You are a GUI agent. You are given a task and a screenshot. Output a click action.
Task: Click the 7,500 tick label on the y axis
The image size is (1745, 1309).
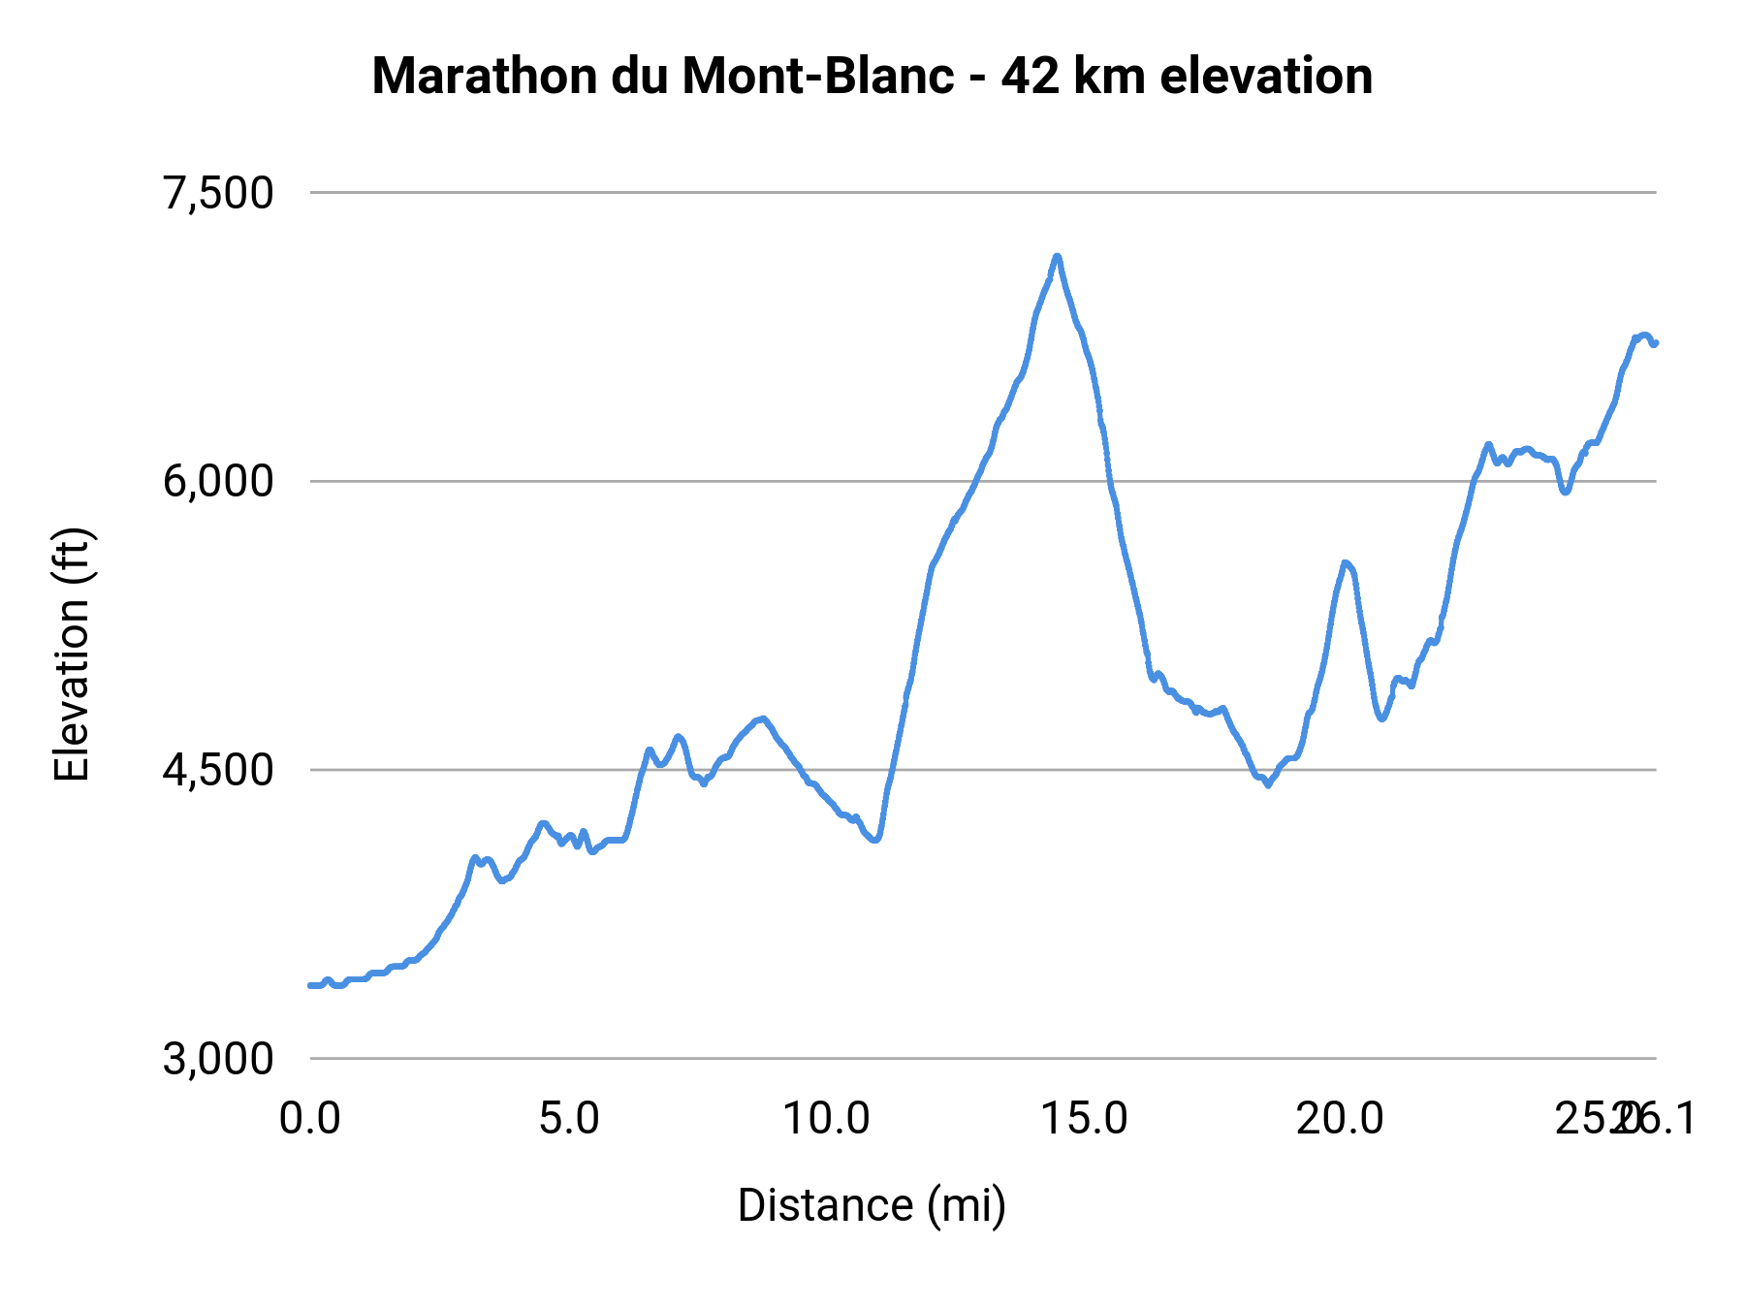[x=218, y=193]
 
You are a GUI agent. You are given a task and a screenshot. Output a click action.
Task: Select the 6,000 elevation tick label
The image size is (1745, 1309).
[x=218, y=481]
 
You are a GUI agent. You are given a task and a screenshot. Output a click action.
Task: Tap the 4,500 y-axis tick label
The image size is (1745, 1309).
[x=218, y=770]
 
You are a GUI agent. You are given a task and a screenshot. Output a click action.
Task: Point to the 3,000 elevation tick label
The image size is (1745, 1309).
[x=218, y=1059]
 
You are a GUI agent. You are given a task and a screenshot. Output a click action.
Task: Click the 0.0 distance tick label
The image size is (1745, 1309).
[x=310, y=1119]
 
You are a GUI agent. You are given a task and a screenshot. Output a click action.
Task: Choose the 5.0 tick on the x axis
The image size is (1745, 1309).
[x=569, y=1119]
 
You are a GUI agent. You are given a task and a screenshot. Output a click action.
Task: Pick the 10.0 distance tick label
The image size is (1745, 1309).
[x=827, y=1119]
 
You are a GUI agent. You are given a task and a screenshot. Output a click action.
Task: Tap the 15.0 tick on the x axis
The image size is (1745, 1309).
[x=1085, y=1119]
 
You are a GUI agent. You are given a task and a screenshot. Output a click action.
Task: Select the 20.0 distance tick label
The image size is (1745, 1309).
[x=1342, y=1119]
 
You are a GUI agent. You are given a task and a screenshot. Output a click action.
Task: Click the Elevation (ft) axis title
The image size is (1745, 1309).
[x=71, y=654]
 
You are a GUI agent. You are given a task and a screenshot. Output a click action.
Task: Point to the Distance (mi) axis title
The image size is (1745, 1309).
[x=872, y=1205]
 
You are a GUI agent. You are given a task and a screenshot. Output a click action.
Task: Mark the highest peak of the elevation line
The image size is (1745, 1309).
[x=1057, y=257]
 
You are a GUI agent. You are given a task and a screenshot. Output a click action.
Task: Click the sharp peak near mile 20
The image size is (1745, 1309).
[x=1345, y=562]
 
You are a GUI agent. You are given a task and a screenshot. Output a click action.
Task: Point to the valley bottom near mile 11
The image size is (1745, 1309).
[x=875, y=840]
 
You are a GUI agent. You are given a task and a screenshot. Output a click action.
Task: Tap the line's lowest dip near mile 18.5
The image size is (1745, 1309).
[x=1267, y=784]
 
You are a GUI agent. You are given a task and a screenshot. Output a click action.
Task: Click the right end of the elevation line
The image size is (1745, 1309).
[x=1656, y=342]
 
